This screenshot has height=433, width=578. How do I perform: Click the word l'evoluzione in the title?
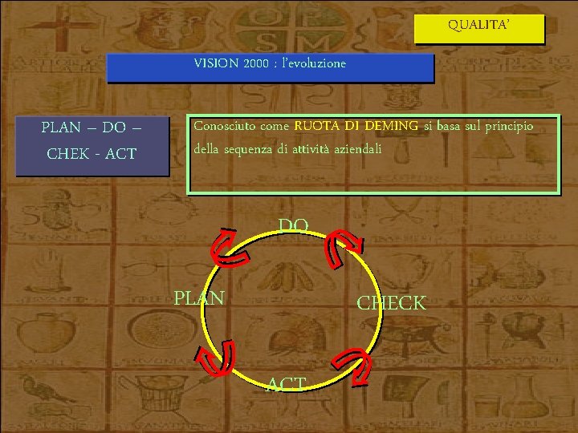coord(314,63)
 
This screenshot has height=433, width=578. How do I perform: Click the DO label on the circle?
coord(293,227)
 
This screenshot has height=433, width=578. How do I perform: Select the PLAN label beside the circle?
coord(199,298)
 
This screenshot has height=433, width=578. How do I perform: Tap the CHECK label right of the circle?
coord(392,303)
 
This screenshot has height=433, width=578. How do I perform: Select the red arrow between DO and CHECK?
coord(344,247)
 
